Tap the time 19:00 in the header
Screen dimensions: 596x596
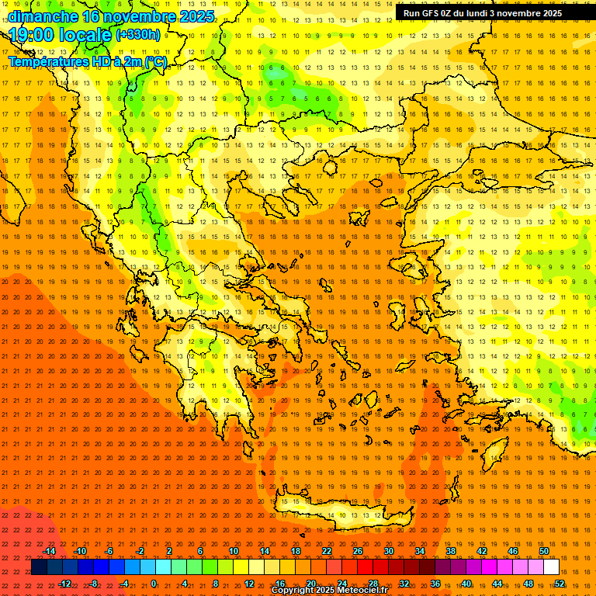coord(38,35)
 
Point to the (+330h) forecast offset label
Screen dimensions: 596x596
coord(138,35)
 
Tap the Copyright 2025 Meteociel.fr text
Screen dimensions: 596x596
coord(329,591)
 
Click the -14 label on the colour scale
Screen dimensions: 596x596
coord(49,551)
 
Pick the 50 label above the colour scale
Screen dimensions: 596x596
coord(544,551)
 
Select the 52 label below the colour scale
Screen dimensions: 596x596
coord(560,584)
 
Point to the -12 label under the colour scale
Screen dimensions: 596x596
coord(64,584)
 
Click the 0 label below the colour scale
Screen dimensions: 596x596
coord(154,584)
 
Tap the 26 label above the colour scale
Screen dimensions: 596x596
coord(358,551)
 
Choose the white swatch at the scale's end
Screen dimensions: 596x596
coord(551,567)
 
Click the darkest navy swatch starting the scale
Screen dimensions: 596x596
coord(39,567)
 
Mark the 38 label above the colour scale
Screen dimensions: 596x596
coord(451,551)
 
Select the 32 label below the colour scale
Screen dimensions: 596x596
coord(404,584)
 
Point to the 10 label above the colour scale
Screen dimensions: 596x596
coord(234,551)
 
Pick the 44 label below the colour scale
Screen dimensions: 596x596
coord(497,584)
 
